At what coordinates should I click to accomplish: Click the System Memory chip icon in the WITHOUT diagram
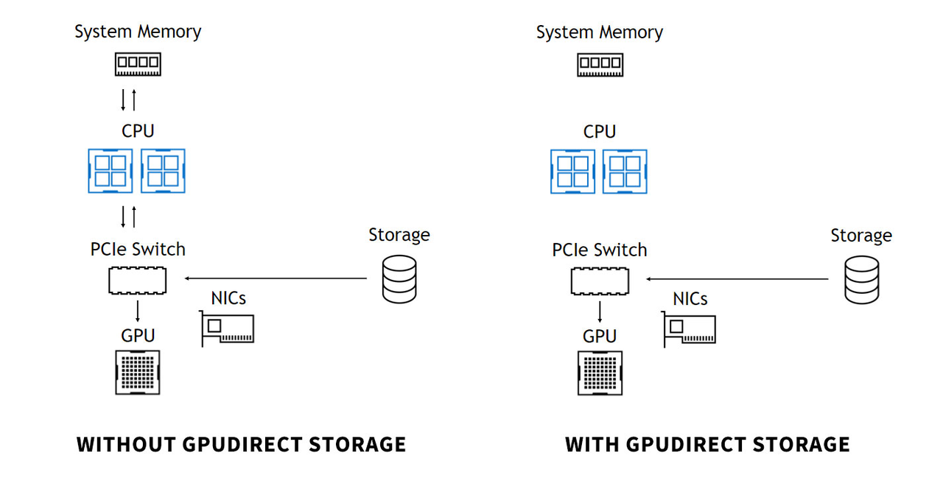(x=138, y=64)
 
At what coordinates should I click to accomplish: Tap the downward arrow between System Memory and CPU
(x=124, y=99)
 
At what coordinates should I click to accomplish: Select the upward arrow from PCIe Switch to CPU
(x=133, y=217)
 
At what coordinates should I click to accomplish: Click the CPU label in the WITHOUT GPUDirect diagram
(x=138, y=131)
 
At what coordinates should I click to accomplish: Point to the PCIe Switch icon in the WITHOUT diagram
(x=138, y=281)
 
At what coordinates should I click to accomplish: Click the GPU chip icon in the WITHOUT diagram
(x=138, y=372)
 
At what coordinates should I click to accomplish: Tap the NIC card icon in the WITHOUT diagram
(x=228, y=328)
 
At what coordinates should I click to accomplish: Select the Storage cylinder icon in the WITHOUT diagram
(x=399, y=279)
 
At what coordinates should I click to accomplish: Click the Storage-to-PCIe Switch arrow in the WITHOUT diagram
(x=276, y=278)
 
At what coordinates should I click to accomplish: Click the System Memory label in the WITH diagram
(x=599, y=32)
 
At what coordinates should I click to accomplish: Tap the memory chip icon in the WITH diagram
(x=599, y=65)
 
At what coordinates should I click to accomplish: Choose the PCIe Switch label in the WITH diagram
(x=599, y=250)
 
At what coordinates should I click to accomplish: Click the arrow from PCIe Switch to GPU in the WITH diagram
(x=600, y=312)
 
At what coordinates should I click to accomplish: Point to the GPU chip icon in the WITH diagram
(x=600, y=372)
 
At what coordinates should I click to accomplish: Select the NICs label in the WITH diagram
(x=690, y=298)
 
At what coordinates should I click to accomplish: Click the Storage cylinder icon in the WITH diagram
(x=861, y=280)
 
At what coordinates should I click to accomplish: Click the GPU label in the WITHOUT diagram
(x=138, y=336)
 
